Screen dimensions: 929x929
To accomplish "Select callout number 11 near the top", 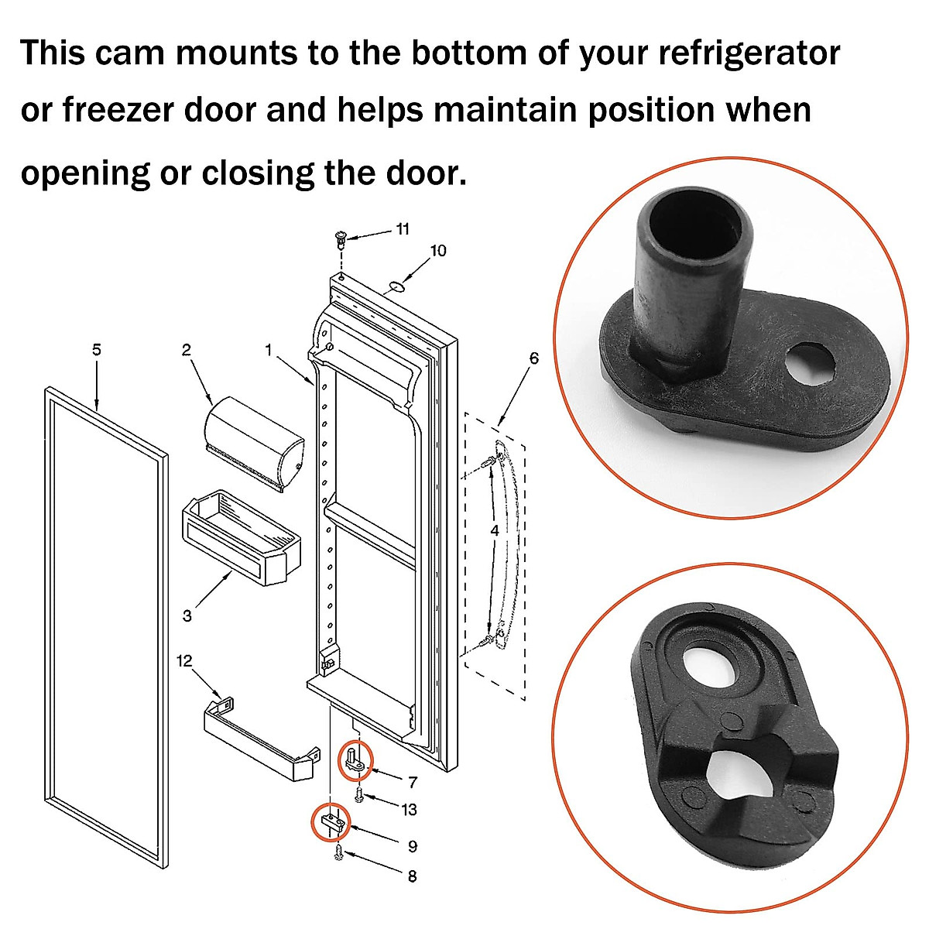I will click(403, 229).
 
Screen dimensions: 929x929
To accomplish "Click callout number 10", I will click(438, 251).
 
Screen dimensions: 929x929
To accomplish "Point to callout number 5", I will click(96, 350).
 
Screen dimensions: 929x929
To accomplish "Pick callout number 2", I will click(186, 350).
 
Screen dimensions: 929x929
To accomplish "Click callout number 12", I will click(184, 660).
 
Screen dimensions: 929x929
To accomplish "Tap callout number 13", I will click(409, 810).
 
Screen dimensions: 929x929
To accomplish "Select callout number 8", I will click(411, 876).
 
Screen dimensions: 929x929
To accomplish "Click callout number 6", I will click(533, 358).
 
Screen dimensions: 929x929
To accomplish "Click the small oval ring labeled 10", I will click(396, 286).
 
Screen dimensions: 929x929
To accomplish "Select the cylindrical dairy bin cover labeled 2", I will click(253, 443).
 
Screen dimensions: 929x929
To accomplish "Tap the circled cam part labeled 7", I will click(355, 759).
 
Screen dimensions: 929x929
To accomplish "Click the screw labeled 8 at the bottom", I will click(339, 854).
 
